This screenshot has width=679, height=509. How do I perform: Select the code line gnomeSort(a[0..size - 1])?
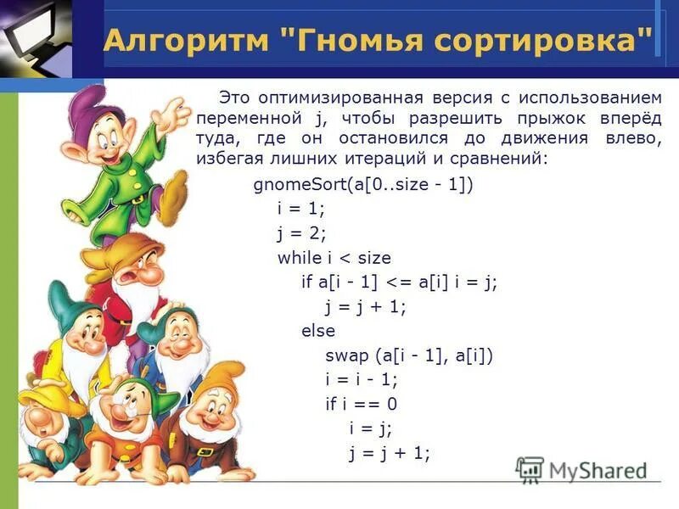click(362, 185)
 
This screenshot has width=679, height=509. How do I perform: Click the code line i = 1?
click(301, 209)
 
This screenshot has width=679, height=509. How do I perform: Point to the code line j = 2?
click(301, 232)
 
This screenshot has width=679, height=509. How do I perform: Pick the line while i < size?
click(334, 257)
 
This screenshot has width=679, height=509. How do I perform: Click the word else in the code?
click(318, 331)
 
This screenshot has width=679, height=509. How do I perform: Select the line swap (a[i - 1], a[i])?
click(408, 355)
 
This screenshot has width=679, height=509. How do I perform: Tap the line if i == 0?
click(361, 404)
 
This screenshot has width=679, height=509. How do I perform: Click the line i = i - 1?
click(361, 379)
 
